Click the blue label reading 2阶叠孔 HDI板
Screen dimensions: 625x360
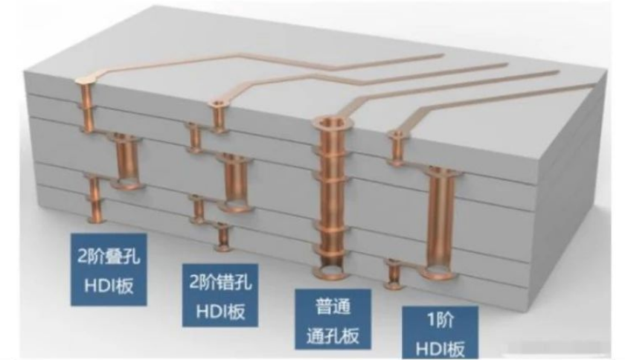point(109,269)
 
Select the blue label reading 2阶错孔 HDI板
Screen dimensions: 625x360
point(220,295)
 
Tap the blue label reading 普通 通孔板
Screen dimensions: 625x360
point(333,319)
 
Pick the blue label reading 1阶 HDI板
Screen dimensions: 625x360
point(440,333)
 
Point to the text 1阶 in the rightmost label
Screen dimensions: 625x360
point(440,320)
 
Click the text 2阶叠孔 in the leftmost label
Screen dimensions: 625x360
point(109,256)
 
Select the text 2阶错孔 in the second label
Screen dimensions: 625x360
point(220,282)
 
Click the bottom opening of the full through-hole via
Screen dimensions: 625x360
point(330,272)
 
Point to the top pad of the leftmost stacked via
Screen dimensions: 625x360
point(86,80)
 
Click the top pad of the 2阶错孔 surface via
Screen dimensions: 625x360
point(219,104)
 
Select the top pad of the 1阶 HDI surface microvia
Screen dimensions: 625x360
point(397,134)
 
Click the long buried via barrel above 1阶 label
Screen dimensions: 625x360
point(440,223)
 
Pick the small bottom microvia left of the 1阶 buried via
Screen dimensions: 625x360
point(394,274)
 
